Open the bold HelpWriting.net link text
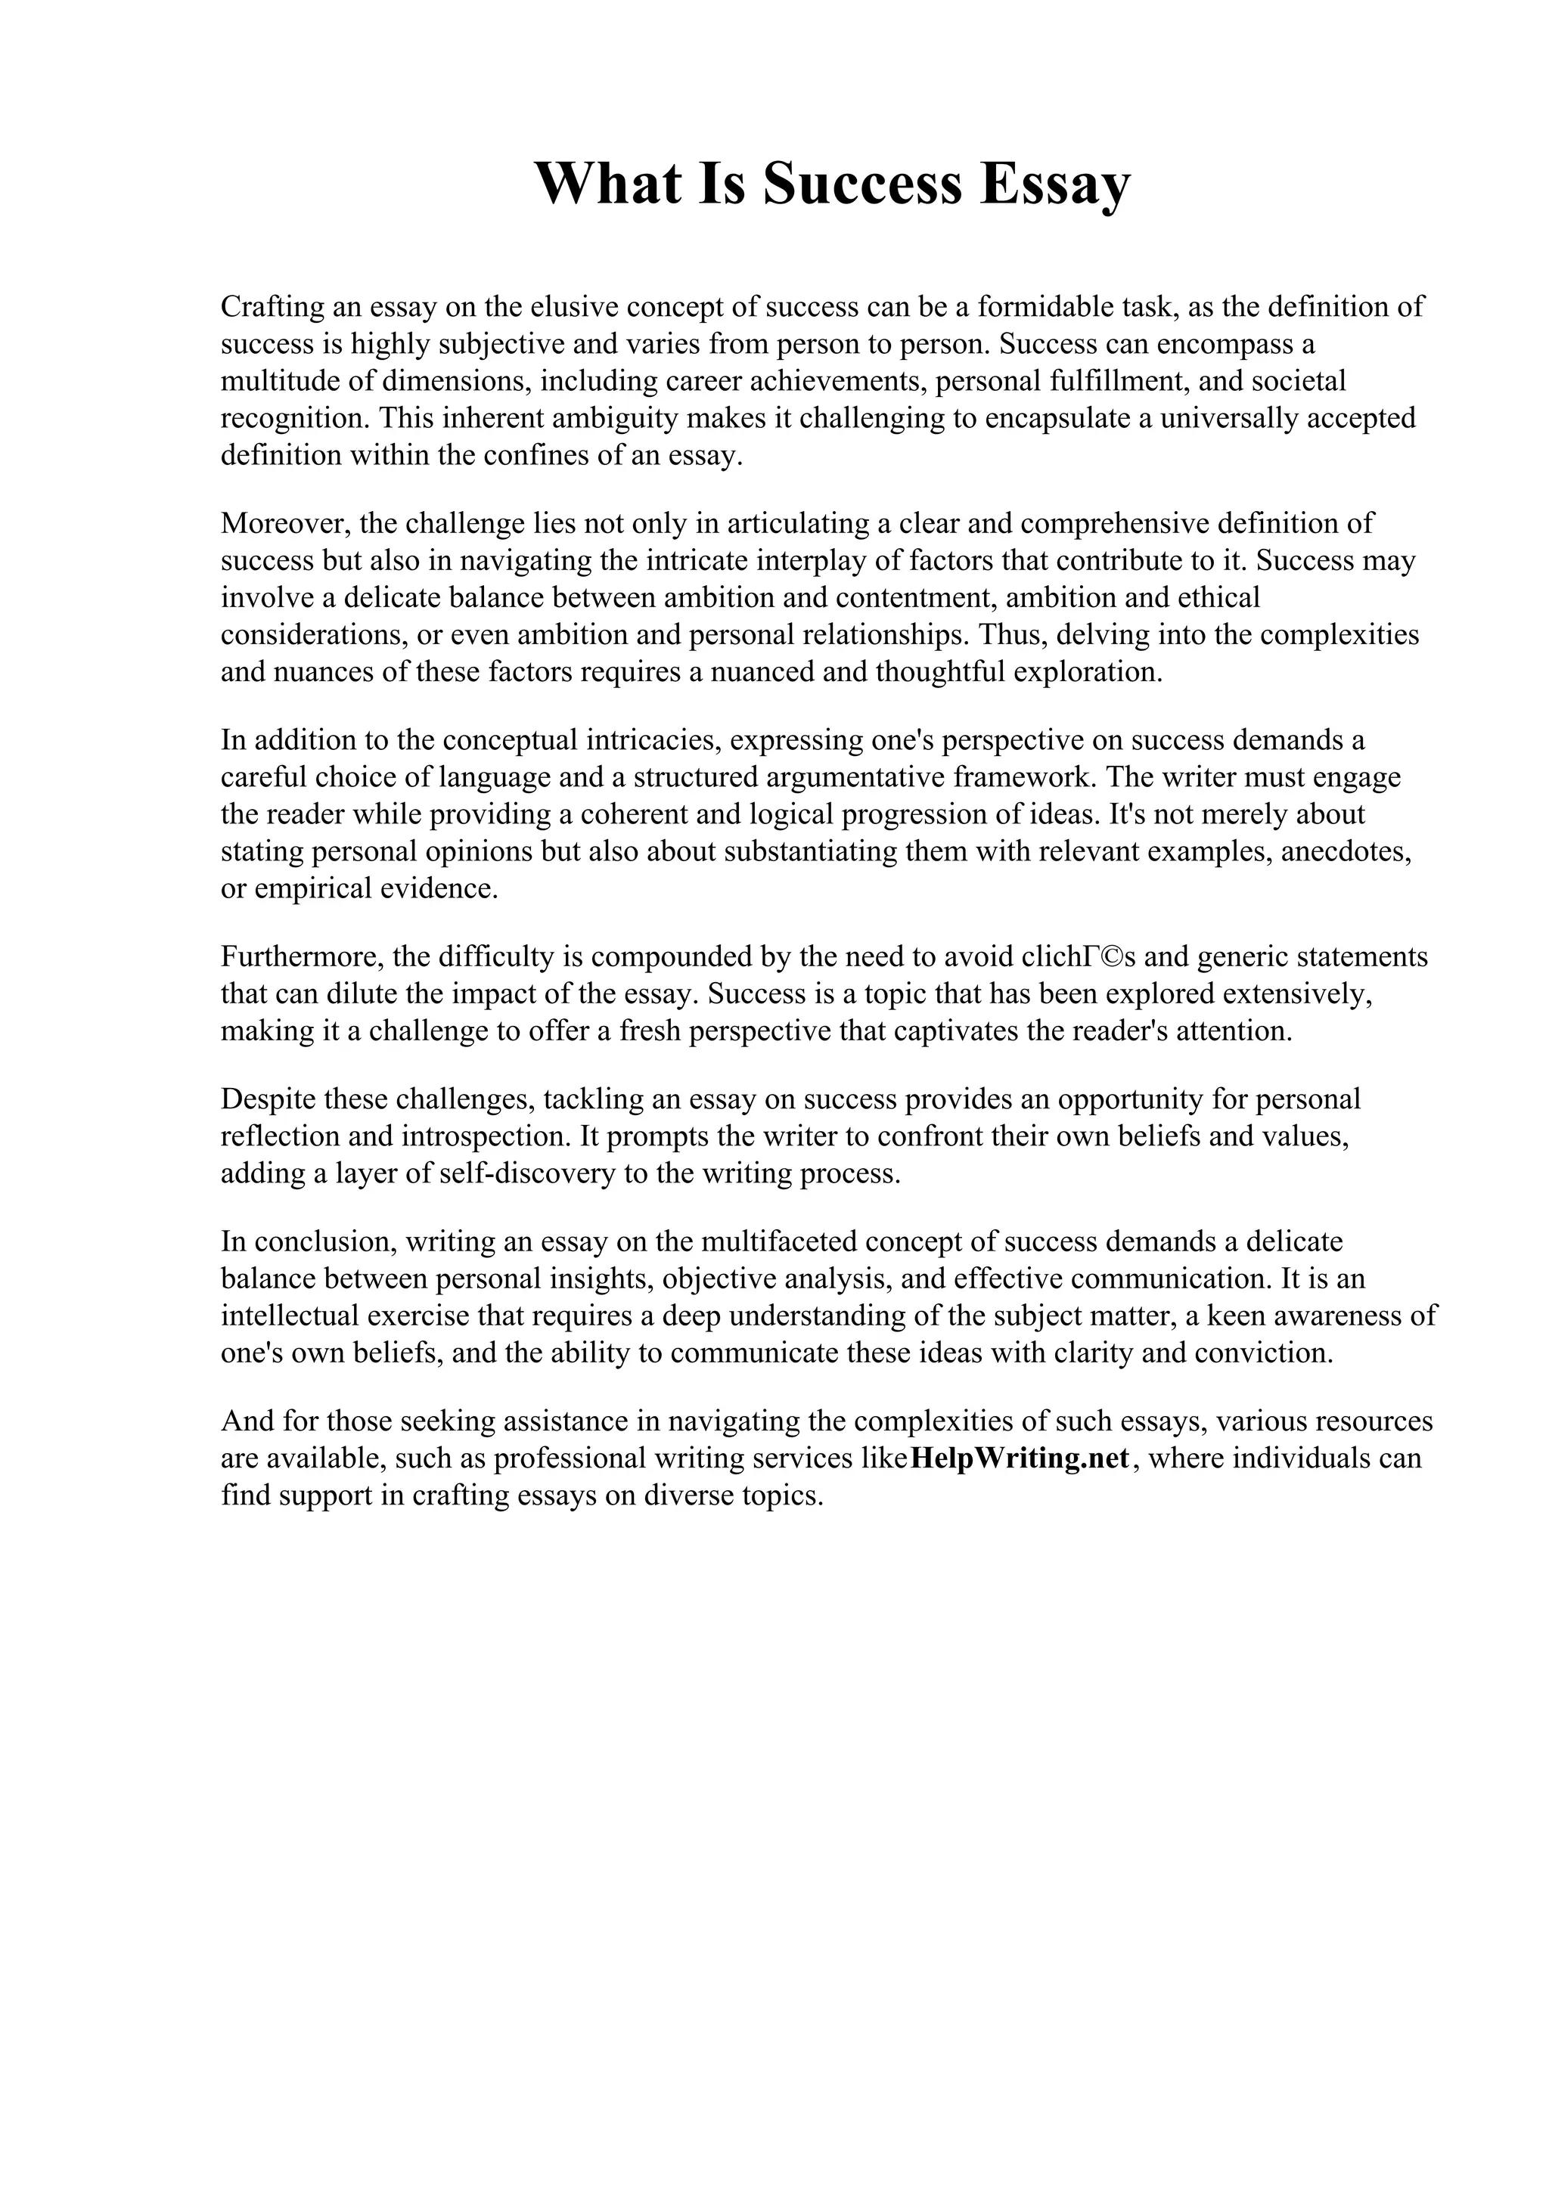click(1020, 1459)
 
